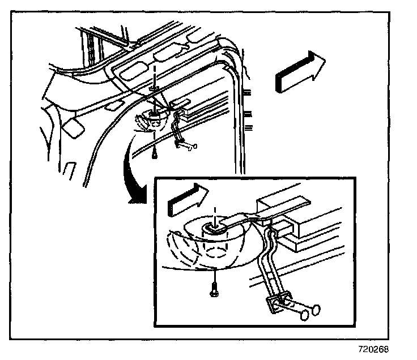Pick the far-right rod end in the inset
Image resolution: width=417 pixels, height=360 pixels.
pyautogui.click(x=316, y=309)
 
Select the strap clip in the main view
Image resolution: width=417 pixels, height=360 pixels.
pyautogui.click(x=188, y=145)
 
